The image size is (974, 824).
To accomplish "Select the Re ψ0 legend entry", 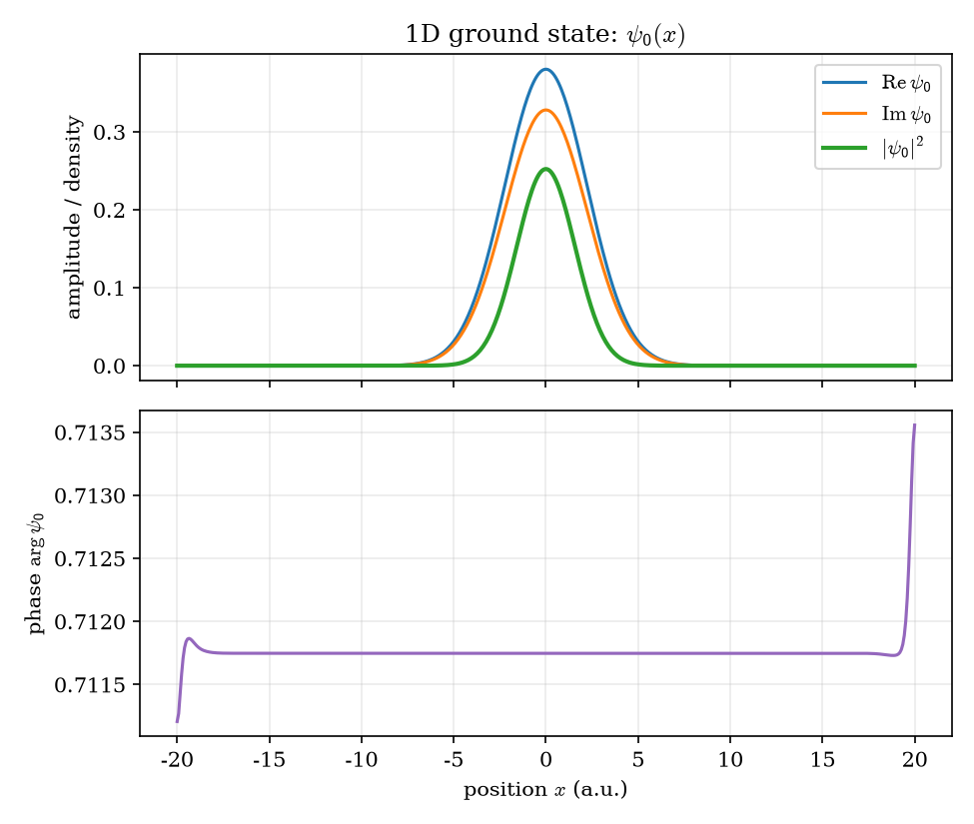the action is [876, 83].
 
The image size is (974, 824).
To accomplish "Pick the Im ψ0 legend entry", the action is [876, 114].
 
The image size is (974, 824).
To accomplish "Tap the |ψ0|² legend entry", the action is [873, 148].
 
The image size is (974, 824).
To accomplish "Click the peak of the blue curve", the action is [546, 70].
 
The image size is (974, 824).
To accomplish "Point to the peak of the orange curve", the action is [546, 111].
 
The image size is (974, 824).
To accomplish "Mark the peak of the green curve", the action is [546, 169].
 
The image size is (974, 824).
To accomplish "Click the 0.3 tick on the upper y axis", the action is [108, 132].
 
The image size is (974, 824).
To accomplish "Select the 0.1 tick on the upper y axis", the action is [108, 288].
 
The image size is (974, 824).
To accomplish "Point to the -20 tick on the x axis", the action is [177, 759].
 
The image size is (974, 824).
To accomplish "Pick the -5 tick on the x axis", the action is [454, 759].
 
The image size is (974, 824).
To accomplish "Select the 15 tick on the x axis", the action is [822, 759].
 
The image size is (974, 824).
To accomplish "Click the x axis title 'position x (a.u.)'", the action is [545, 790].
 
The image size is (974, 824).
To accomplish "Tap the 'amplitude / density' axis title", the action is [74, 217].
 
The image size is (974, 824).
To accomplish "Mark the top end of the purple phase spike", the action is [914, 424].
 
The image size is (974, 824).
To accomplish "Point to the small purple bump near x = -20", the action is [190, 638].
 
